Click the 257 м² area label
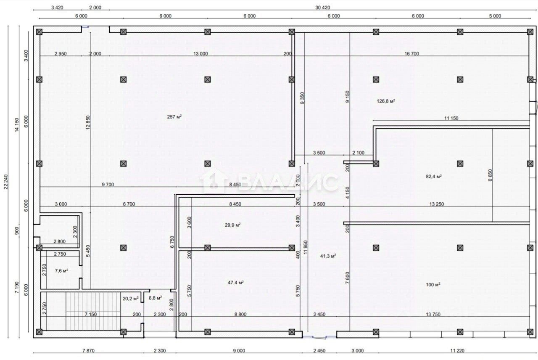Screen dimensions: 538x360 [x=174, y=117]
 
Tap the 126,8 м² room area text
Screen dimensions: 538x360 [x=386, y=101]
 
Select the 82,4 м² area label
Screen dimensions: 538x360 [x=434, y=176]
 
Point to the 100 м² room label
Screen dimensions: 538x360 [x=433, y=285]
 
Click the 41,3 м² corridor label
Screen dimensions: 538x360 [x=328, y=256]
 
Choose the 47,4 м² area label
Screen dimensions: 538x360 [x=236, y=282]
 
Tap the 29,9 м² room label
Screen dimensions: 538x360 [x=233, y=225]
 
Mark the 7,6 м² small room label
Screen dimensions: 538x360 [x=61, y=270]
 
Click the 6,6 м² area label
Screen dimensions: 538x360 [x=155, y=298]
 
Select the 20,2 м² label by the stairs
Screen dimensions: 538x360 [x=131, y=299]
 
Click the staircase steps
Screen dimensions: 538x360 [x=93, y=311]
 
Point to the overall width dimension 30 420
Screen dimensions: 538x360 [x=322, y=8]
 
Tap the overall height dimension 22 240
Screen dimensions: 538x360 [x=6, y=182]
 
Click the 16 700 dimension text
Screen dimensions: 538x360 [x=411, y=53]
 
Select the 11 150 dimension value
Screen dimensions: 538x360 [x=451, y=118]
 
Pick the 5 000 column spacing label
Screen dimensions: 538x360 [x=495, y=16]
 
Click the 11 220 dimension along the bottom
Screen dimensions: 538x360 [x=457, y=351]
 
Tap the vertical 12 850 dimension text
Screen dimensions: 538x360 [x=88, y=122]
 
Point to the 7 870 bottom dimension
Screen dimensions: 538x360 [x=88, y=351]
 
